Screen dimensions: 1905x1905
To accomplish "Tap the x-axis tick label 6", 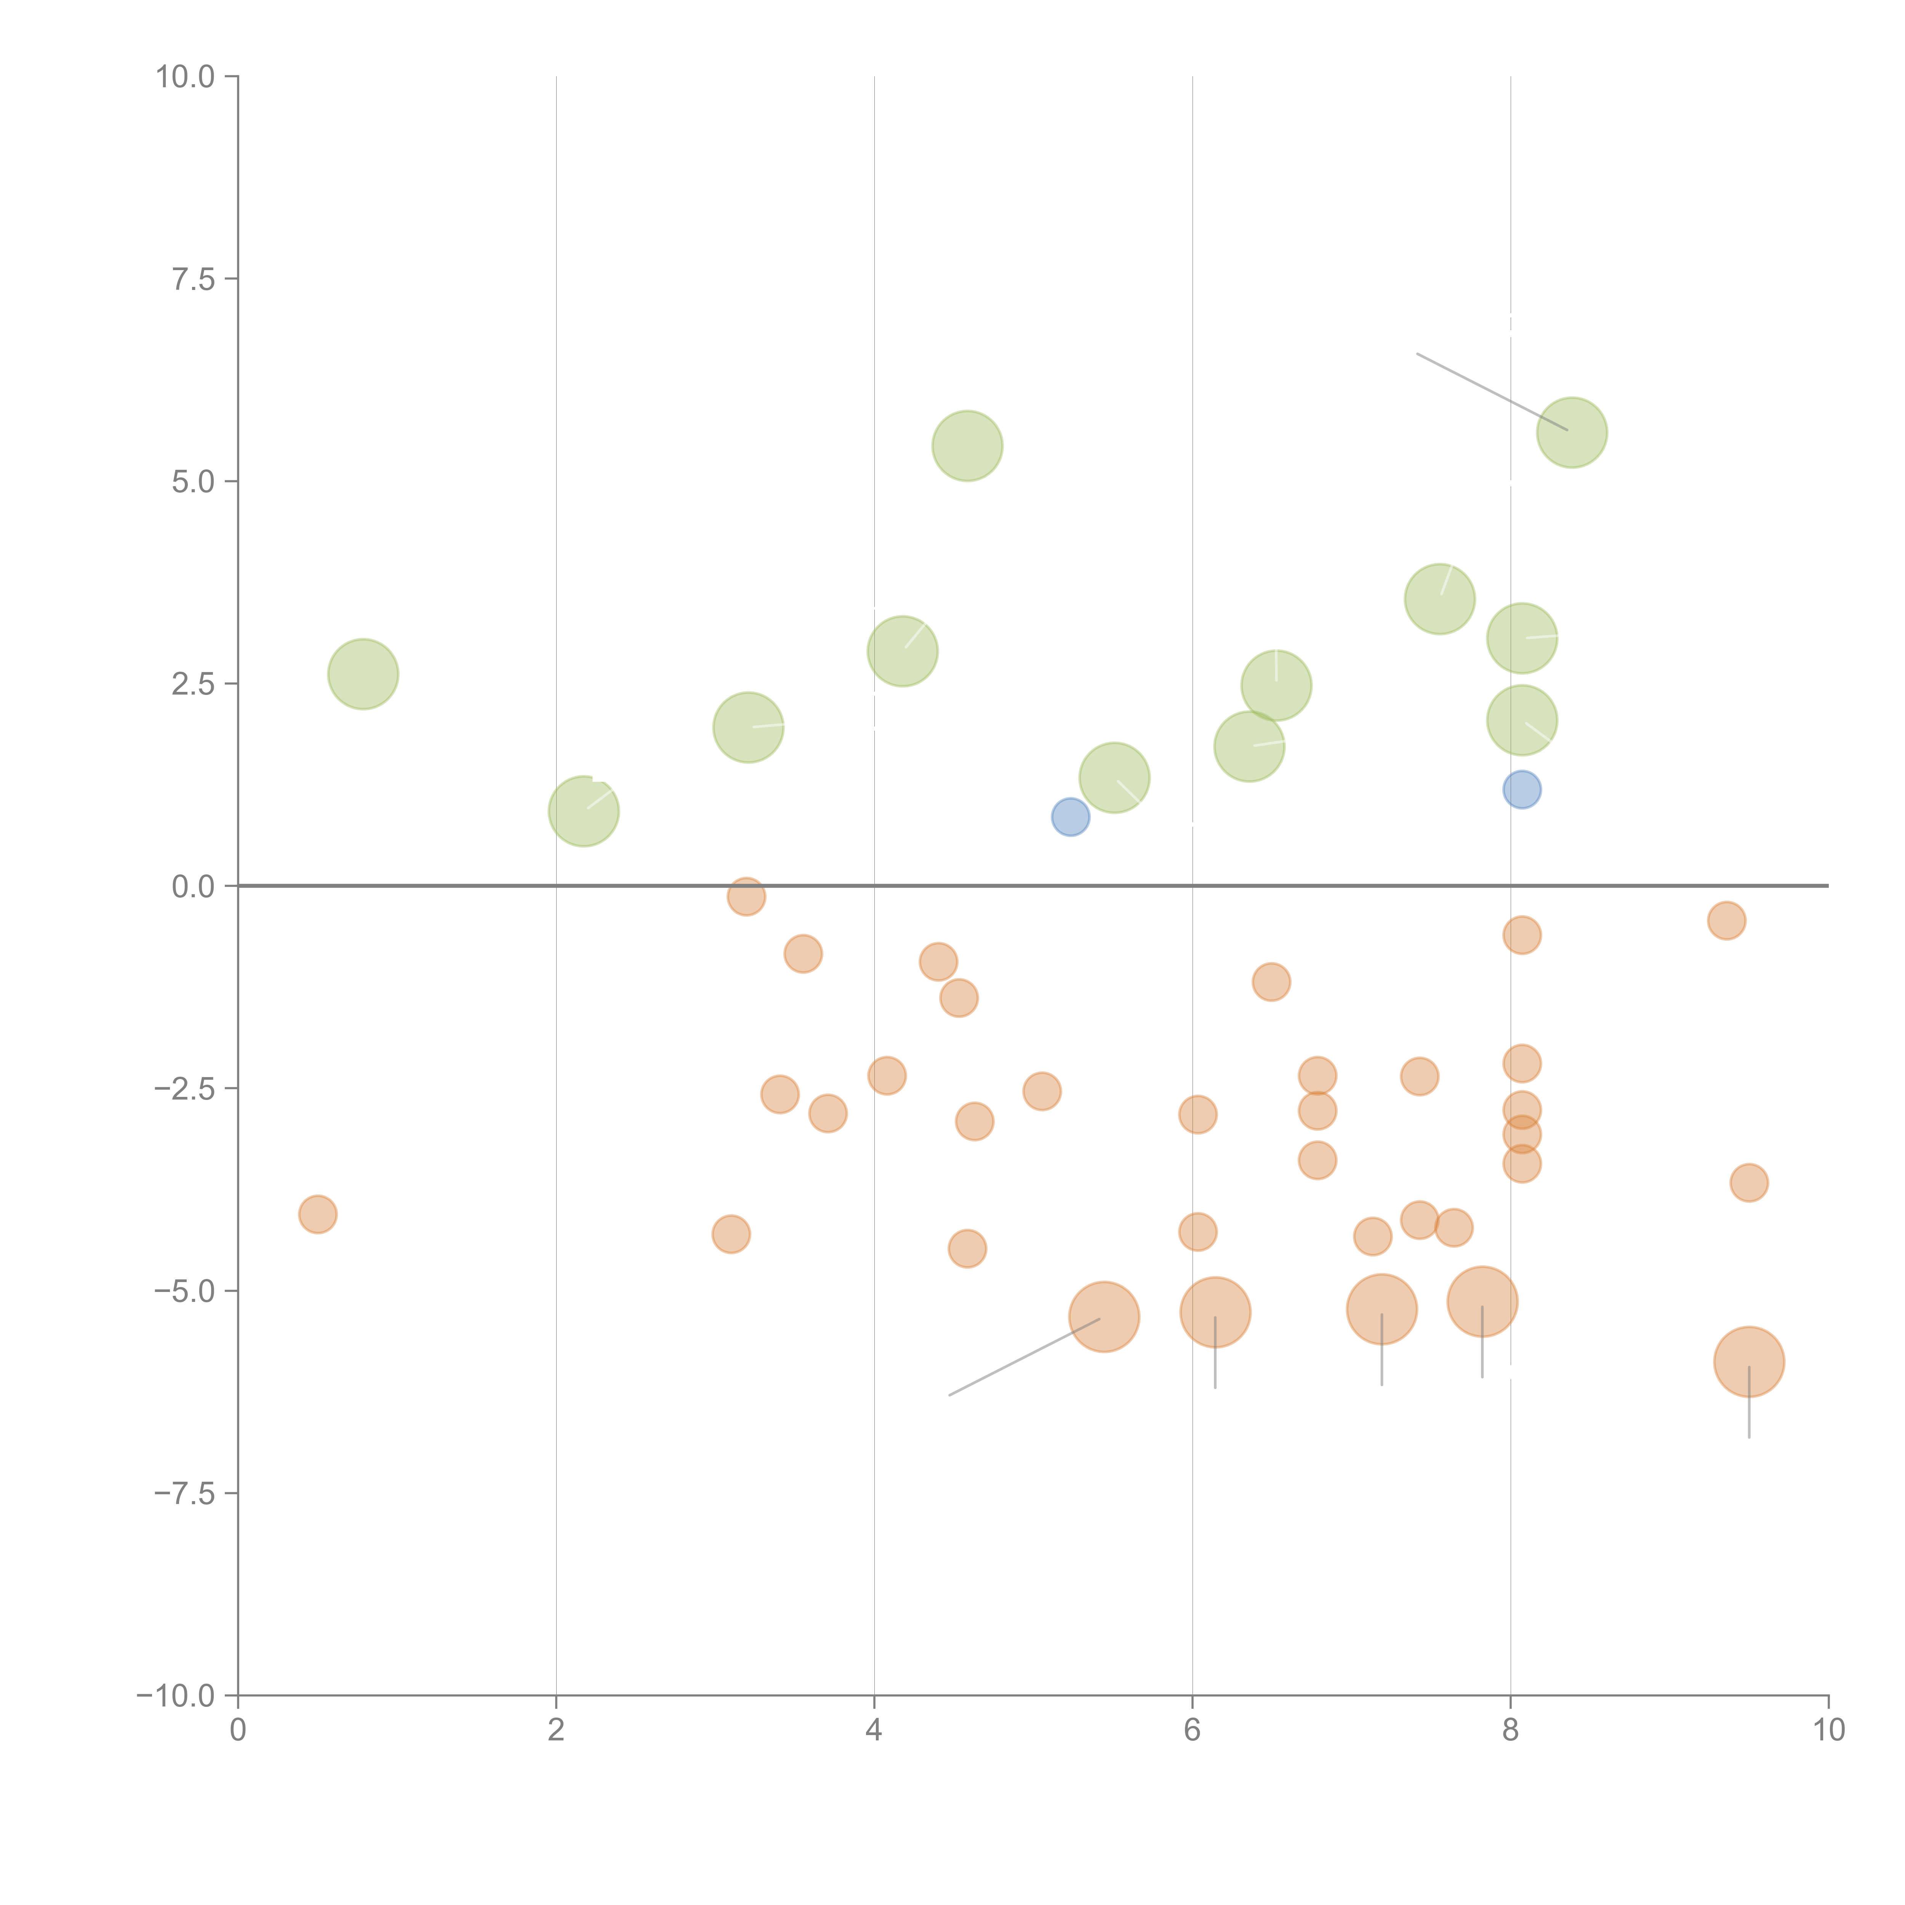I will click(x=1192, y=1731).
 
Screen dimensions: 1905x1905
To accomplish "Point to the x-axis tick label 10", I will click(x=1828, y=1731).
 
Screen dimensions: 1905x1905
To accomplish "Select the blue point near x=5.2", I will click(x=1070, y=816).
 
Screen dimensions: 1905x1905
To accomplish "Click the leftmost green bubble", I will click(x=363, y=674).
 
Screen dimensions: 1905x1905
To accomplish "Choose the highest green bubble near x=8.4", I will click(x=1572, y=433).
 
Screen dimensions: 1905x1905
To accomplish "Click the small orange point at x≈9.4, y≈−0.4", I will click(x=1726, y=921).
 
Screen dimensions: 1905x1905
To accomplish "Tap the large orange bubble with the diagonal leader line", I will click(x=1105, y=1317).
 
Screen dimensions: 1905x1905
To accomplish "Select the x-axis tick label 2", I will click(x=556, y=1731).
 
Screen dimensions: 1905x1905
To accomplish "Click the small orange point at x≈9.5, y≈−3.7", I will click(x=1748, y=1182).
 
